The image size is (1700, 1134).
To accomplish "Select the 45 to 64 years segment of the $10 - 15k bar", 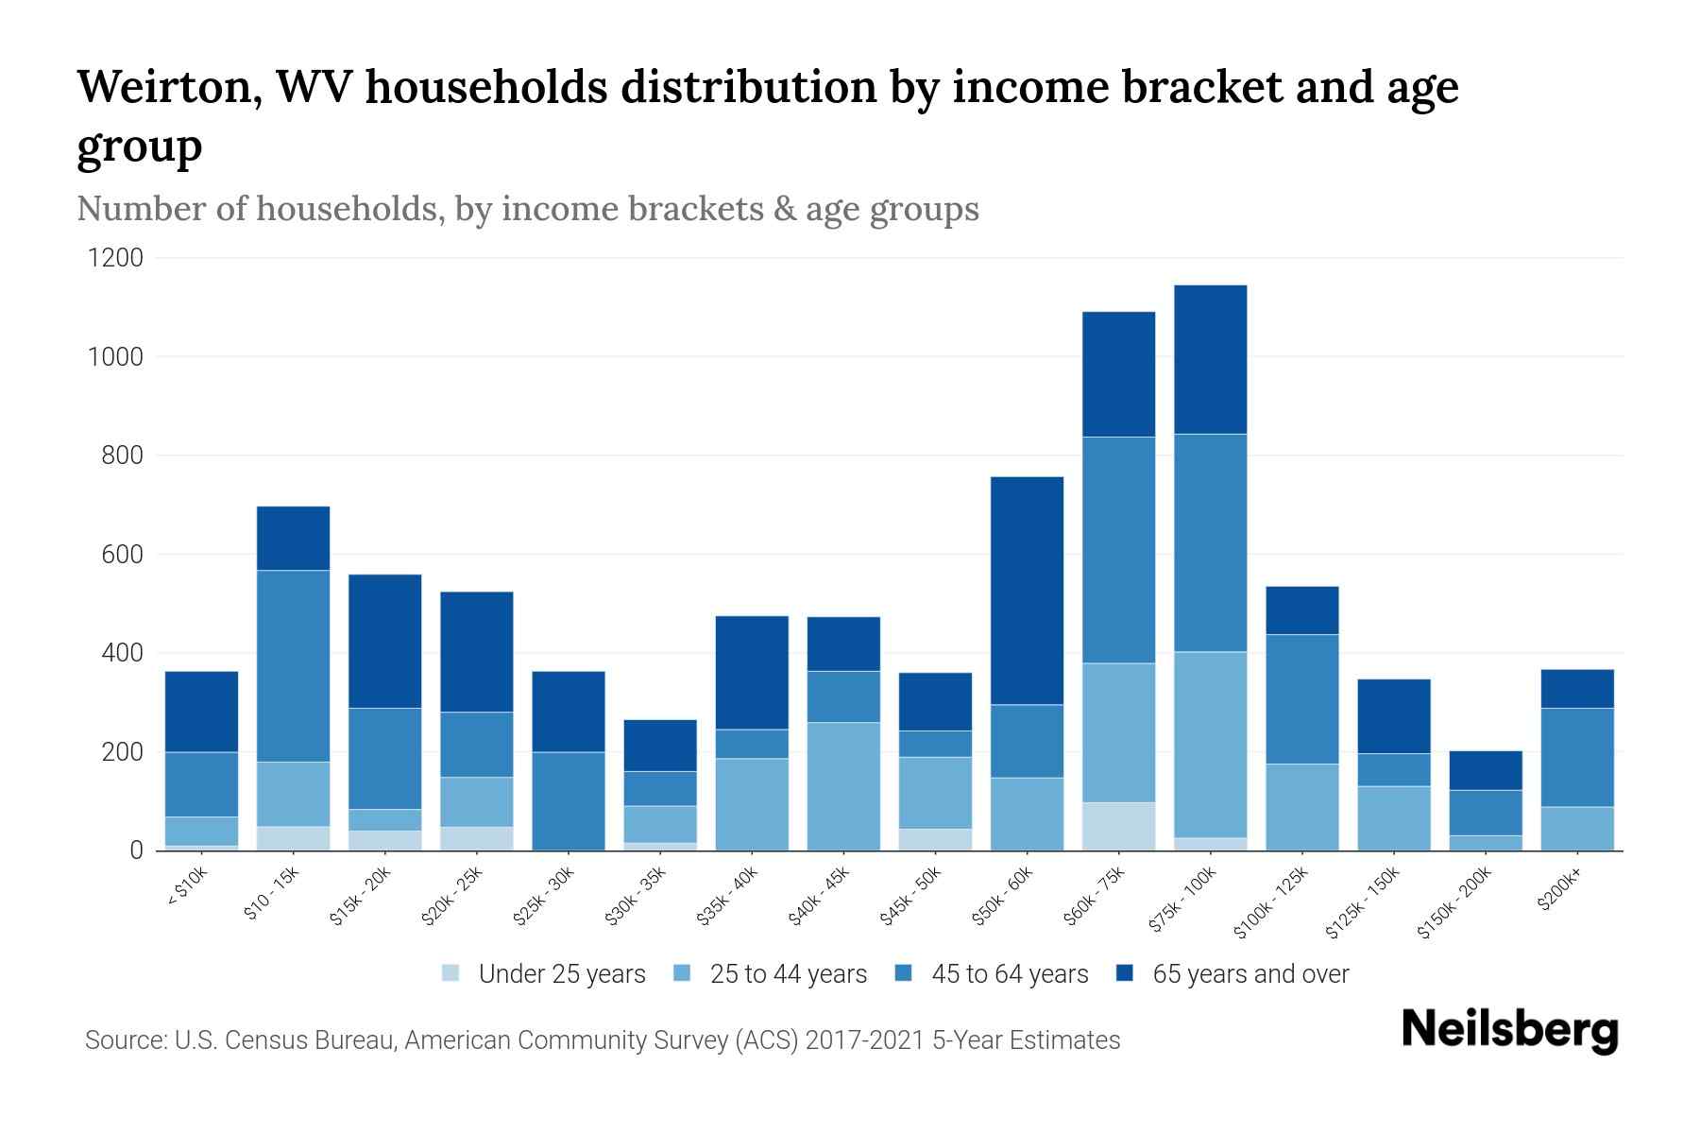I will click(x=293, y=666).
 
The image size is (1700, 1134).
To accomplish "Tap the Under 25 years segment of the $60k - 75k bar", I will click(x=1118, y=826).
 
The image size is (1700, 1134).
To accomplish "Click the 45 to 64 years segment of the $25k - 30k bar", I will click(x=569, y=800).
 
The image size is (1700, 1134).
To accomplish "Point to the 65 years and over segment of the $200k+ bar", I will click(x=1577, y=689).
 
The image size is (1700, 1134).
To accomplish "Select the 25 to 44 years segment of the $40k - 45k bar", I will click(x=843, y=786).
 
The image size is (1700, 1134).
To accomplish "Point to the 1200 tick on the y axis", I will click(x=115, y=258).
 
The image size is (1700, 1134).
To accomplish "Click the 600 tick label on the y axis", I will click(x=122, y=555).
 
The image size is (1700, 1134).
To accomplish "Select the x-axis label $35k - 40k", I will click(x=728, y=895).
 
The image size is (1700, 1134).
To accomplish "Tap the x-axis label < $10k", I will click(x=186, y=887).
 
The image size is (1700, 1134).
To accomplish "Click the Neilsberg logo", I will click(x=1509, y=1030).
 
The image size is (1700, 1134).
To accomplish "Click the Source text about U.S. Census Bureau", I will click(x=602, y=1040).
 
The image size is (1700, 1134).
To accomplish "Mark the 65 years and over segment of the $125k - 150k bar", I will click(x=1393, y=716).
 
